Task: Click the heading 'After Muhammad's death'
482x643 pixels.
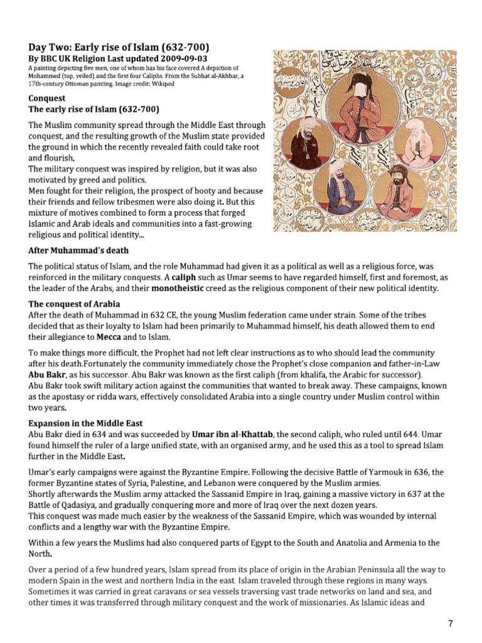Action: click(x=78, y=250)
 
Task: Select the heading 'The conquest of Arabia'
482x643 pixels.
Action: click(x=74, y=304)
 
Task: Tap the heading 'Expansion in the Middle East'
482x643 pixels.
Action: click(x=90, y=406)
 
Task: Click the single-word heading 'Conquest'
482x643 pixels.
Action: click(x=47, y=99)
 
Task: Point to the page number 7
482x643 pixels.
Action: click(x=450, y=623)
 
